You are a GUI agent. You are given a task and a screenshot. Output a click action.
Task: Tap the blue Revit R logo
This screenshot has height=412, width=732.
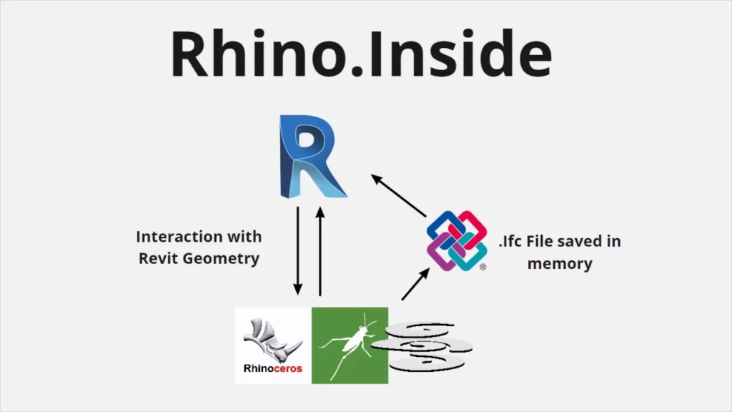[x=312, y=160]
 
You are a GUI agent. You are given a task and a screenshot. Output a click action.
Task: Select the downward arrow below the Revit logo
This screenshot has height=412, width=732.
[x=298, y=250]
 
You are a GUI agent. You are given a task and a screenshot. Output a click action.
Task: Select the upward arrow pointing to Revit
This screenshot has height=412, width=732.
[x=320, y=250]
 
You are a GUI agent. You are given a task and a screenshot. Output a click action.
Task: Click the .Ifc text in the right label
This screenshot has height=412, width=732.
[x=510, y=241]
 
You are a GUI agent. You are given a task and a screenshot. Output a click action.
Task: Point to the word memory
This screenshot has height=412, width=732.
[x=560, y=263]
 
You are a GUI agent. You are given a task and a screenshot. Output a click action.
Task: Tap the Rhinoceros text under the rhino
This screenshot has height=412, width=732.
[x=273, y=369]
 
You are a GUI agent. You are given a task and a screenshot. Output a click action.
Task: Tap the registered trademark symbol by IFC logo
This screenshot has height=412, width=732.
[x=483, y=267]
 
